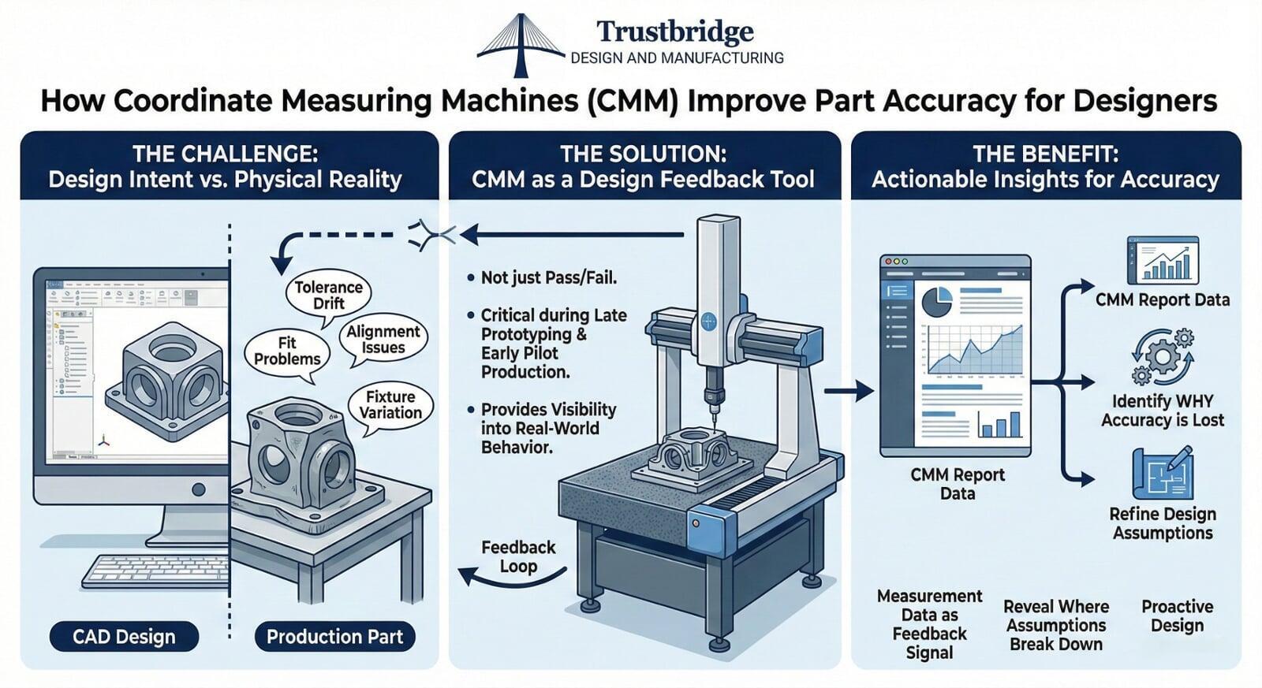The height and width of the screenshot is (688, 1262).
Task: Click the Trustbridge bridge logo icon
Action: pos(521,45)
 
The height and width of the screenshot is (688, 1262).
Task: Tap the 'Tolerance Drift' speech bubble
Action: pos(328,296)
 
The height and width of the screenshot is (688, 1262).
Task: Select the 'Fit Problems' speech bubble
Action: pos(287,351)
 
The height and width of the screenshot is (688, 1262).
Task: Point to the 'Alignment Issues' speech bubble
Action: pos(383,340)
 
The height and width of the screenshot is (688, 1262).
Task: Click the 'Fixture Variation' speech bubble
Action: pos(390,405)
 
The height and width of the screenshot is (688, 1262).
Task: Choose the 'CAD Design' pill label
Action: pos(124,637)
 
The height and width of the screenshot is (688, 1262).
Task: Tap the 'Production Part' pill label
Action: pos(334,637)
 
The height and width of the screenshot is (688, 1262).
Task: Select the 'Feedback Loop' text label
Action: pos(518,556)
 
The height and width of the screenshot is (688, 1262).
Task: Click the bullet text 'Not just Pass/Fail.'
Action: pos(549,277)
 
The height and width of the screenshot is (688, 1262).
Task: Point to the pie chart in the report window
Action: pos(936,302)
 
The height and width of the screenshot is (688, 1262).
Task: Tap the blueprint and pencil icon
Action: pos(1163,473)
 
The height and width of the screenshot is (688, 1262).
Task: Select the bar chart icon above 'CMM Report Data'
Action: pos(1163,260)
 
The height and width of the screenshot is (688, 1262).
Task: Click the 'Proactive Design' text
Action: pos(1177,616)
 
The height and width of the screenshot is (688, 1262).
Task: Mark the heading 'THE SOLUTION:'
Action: pos(644,154)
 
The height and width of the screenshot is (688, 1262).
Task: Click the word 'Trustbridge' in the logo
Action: pos(675,32)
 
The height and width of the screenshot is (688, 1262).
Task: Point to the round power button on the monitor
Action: pos(198,489)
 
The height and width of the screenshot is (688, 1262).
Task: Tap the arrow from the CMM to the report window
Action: pos(849,390)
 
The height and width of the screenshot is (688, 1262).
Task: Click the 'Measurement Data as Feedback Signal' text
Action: pos(930,624)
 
